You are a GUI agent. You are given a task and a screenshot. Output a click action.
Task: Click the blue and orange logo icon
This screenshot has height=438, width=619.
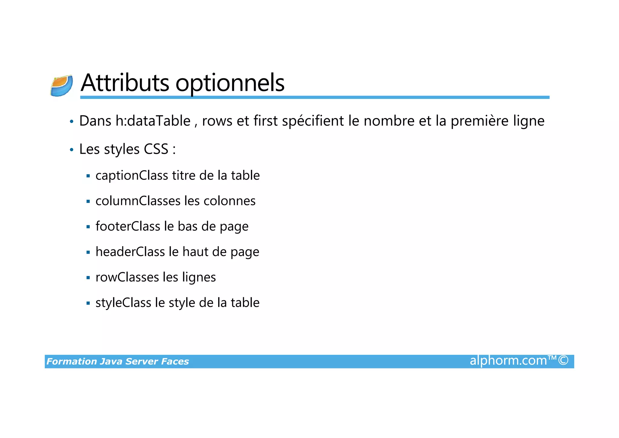(62, 86)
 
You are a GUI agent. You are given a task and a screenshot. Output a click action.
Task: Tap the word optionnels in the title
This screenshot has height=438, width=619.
(230, 83)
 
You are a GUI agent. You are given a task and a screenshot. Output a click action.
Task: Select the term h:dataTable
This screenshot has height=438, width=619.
(153, 121)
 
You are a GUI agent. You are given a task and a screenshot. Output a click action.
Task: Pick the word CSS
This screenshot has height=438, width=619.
(156, 149)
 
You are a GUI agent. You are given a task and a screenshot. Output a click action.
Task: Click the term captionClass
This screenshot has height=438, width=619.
(132, 176)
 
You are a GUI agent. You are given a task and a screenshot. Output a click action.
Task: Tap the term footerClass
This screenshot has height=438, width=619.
(128, 226)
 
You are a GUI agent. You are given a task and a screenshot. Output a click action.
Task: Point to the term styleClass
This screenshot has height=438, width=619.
(123, 303)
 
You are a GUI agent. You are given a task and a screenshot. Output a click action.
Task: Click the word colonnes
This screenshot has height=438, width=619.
(229, 201)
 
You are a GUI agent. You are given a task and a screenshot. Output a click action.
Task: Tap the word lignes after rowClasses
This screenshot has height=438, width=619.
(199, 278)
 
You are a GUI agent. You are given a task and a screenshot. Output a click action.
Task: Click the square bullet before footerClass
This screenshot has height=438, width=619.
(88, 227)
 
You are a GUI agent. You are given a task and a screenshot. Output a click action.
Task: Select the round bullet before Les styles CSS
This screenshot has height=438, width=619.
(72, 150)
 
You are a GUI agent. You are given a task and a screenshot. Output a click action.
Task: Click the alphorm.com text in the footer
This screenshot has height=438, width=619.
(508, 361)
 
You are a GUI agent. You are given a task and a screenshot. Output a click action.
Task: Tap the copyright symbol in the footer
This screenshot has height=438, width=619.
(563, 361)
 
